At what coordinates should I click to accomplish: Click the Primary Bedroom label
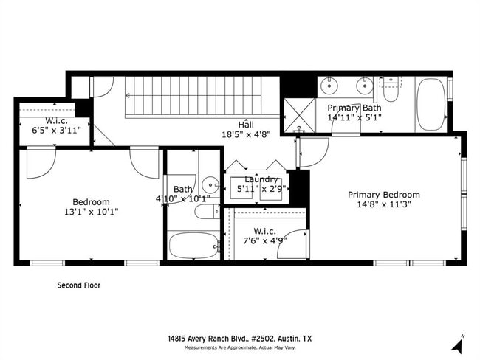[384, 195]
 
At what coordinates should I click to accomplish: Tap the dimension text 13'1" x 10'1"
[91, 212]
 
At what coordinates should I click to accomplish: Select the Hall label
[246, 124]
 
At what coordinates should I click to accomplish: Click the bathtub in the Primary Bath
[431, 105]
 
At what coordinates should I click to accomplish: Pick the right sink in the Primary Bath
[364, 86]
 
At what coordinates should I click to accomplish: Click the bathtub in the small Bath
[193, 246]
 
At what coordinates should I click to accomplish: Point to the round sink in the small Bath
[210, 184]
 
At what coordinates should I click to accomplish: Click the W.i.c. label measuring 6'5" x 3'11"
[56, 120]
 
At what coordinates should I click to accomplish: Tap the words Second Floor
[79, 285]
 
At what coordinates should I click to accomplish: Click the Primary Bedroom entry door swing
[311, 152]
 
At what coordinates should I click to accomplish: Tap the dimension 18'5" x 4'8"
[246, 134]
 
